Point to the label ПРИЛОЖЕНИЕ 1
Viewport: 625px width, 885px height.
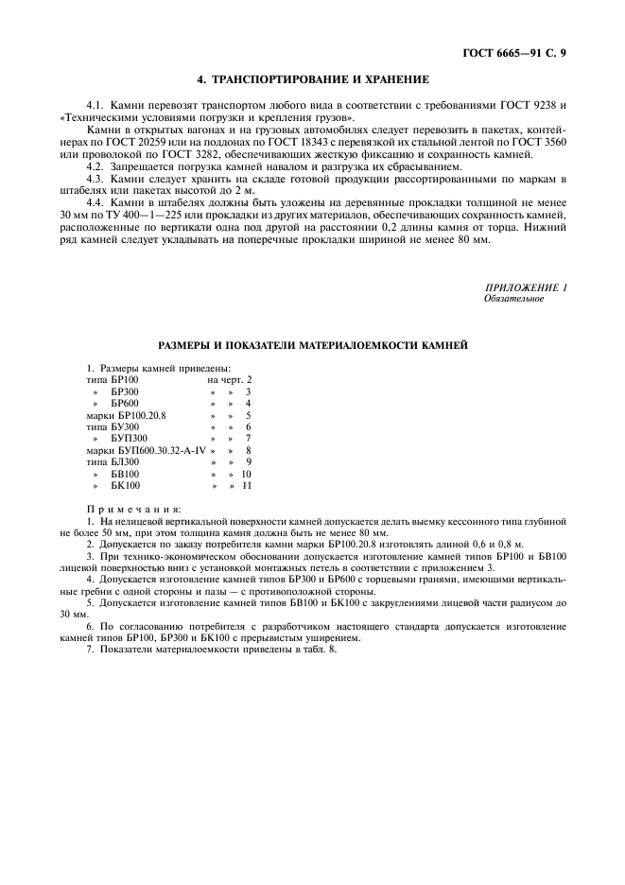526,287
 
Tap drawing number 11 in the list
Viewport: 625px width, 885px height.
247,486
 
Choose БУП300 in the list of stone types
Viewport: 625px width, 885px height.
130,439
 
